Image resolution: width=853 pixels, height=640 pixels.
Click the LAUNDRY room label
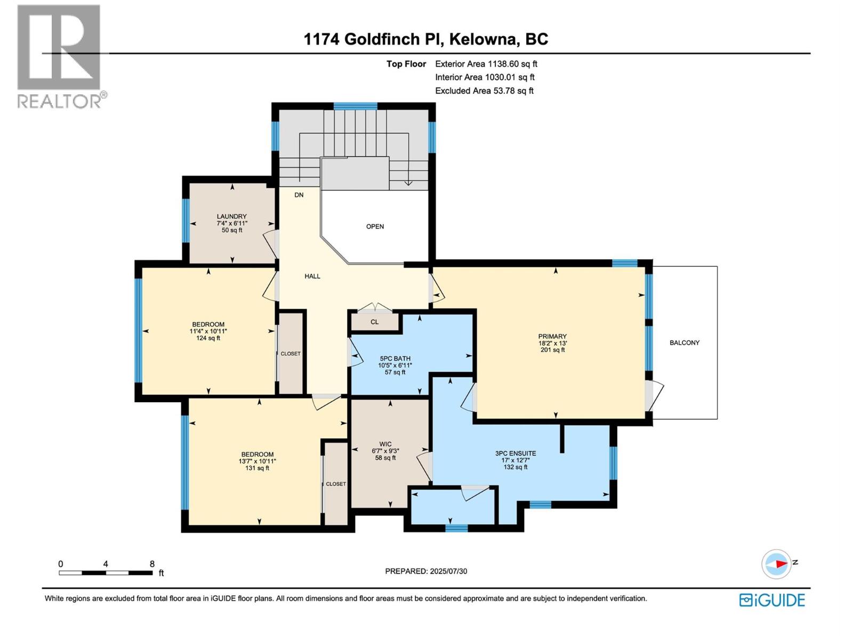coord(231,217)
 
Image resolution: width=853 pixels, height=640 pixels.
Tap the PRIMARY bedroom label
coord(552,337)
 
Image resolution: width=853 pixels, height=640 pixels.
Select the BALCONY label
coord(684,343)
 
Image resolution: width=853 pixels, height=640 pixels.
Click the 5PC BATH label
coord(395,359)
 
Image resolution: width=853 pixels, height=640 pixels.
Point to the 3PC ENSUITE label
coord(515,454)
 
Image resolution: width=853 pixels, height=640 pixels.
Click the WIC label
coord(385,444)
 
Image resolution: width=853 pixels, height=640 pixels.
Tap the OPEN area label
coord(375,227)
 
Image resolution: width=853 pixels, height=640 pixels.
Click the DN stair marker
coord(299,195)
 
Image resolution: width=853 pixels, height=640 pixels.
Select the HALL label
coord(312,276)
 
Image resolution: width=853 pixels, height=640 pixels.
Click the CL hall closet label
coord(374,322)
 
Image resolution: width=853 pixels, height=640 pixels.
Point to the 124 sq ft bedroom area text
coord(208,338)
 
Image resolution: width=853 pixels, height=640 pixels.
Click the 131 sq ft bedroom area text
coord(257,468)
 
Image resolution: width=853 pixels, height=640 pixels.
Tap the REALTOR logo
coord(60,56)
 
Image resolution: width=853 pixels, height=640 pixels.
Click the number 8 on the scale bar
coord(152,564)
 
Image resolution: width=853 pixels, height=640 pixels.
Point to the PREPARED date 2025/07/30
coord(426,571)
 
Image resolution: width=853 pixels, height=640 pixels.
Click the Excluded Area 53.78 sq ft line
coord(484,91)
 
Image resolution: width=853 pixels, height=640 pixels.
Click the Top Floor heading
coord(406,64)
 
